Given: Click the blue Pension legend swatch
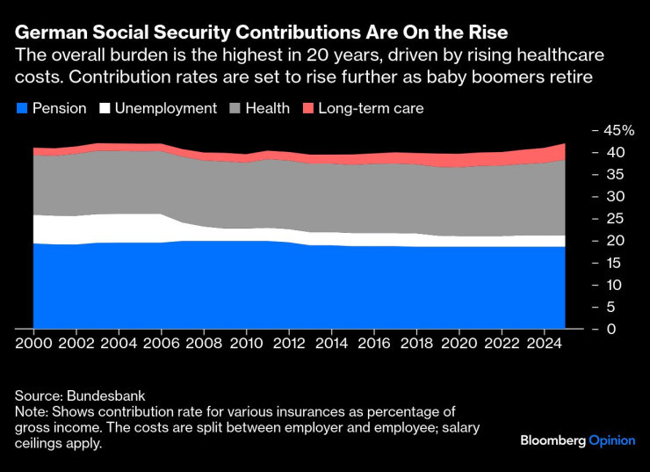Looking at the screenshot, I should [x=23, y=109].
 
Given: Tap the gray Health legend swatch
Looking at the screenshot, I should [x=234, y=109].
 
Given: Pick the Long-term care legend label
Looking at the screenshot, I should [x=371, y=109].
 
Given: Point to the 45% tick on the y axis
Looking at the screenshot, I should [x=617, y=130].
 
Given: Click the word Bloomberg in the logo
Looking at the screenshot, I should [x=552, y=440].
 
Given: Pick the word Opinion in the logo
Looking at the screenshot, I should [x=611, y=440].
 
